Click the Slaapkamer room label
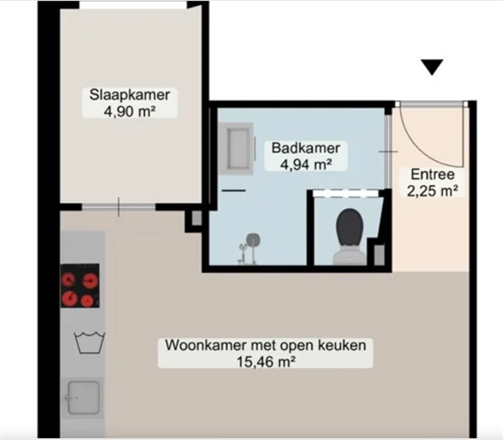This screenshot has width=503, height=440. (130, 95)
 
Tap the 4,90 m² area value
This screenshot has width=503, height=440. (130, 111)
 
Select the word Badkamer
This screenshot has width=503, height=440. (306, 148)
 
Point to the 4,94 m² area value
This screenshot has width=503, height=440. (306, 164)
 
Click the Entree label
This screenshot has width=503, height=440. (433, 175)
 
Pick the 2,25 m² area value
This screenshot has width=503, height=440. (433, 191)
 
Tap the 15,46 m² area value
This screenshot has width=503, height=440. (266, 362)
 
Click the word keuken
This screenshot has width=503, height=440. (342, 345)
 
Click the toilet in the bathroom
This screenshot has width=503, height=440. (349, 236)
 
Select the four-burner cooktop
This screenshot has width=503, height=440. (80, 285)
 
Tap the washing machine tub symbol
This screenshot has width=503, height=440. (89, 342)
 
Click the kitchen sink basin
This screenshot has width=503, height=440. (83, 397)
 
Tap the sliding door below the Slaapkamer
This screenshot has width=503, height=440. (119, 207)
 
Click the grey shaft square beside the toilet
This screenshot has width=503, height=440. (379, 255)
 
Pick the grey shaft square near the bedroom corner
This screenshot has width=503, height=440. (197, 219)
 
